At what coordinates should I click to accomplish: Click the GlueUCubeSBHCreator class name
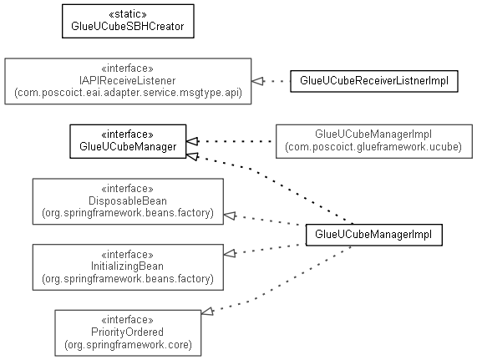[x=128, y=27]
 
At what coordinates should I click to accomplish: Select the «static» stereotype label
[x=128, y=14]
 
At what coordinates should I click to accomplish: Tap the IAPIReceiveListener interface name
[x=128, y=80]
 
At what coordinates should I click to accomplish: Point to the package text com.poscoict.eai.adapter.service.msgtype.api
[x=128, y=93]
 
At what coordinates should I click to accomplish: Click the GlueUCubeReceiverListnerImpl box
[x=374, y=81]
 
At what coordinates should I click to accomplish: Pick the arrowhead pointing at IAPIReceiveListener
[x=257, y=81]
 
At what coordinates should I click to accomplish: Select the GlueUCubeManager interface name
[x=128, y=146]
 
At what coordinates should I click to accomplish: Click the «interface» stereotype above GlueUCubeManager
[x=128, y=134]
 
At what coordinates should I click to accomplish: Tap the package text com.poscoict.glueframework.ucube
[x=373, y=147]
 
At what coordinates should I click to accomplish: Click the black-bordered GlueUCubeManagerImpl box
[x=374, y=235]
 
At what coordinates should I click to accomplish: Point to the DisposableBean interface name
[x=128, y=201]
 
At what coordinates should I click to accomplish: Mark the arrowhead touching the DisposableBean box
[x=230, y=215]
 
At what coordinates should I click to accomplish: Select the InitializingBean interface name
[x=128, y=266]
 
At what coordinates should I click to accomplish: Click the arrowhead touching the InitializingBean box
[x=230, y=253]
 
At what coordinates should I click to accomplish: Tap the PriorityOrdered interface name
[x=128, y=332]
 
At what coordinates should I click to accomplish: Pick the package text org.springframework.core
[x=128, y=345]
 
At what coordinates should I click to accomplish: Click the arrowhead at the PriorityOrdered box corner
[x=207, y=312]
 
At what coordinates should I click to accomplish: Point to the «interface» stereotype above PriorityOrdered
[x=128, y=320]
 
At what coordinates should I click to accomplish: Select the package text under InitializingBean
[x=128, y=279]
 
